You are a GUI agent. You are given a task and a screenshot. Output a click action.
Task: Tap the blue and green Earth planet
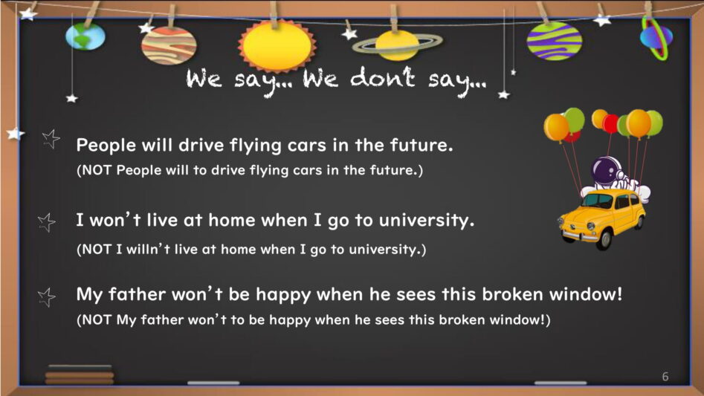85,36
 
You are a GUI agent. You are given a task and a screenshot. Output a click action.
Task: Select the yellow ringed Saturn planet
397,45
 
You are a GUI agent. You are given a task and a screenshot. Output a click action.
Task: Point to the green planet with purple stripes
554,41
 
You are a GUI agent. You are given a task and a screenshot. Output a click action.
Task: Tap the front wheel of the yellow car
604,238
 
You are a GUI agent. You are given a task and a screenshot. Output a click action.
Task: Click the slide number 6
665,377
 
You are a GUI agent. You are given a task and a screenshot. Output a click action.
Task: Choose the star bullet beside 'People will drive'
51,139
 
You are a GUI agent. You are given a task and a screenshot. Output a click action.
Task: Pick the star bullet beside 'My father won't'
47,297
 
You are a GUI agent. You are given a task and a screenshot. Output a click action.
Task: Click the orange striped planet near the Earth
169,45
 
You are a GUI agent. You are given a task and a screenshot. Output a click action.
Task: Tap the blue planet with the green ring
656,37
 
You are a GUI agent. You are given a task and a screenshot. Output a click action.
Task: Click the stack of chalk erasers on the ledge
80,374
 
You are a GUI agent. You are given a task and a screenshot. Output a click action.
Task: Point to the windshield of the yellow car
598,200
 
